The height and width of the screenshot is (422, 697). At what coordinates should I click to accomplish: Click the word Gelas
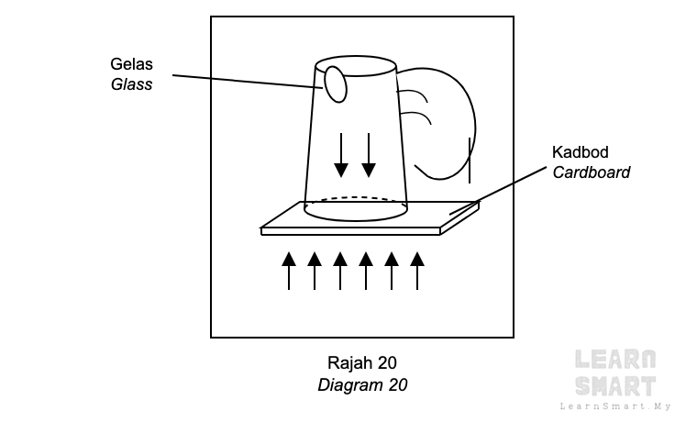131,64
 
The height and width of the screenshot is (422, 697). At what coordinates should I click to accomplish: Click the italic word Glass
131,84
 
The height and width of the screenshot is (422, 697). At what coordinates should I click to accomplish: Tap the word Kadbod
581,152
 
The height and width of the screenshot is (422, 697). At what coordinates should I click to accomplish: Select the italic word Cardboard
592,172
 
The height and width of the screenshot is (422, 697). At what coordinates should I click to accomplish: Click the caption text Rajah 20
362,363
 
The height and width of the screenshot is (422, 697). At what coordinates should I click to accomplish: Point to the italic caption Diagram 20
362,385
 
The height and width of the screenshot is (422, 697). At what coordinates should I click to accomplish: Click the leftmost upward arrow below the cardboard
289,271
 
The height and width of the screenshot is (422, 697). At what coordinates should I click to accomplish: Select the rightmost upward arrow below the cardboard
417,271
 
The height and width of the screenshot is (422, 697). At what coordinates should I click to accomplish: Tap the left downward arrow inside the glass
341,155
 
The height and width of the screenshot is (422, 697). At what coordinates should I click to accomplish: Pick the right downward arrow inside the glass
369,155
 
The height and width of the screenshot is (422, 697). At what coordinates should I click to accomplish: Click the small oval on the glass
336,84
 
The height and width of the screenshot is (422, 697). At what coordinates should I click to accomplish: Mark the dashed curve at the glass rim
356,198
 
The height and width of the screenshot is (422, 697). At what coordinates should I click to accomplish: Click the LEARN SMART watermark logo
615,372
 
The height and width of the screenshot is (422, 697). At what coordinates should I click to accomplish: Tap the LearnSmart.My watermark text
615,406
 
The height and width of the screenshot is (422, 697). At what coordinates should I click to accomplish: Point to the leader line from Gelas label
248,82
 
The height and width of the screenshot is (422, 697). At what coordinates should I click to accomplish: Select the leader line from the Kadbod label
498,191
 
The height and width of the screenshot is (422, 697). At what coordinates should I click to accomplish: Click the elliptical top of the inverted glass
356,57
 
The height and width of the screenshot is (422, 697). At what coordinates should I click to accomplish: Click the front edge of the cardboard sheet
350,231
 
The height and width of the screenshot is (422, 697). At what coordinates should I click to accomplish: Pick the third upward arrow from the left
340,271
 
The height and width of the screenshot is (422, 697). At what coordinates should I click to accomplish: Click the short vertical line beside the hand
470,161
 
